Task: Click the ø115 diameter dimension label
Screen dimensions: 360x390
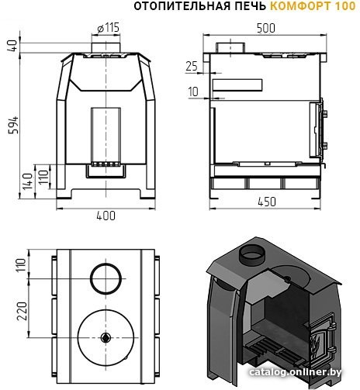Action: tap(109, 28)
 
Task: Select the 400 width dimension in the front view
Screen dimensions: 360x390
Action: tap(106, 216)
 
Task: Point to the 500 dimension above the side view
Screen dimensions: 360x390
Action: tap(266, 28)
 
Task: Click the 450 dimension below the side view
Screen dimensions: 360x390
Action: tap(267, 202)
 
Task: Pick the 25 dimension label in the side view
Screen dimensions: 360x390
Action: tap(192, 66)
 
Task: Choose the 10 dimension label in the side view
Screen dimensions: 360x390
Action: tap(193, 91)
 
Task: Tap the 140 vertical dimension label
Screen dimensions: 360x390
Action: tap(28, 181)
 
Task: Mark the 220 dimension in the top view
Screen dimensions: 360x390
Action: tap(22, 311)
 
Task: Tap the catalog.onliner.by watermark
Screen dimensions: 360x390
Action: tap(295, 372)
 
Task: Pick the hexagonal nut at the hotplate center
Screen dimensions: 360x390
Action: tap(106, 337)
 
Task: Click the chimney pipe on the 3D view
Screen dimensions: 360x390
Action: tap(252, 254)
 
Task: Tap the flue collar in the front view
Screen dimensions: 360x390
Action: tap(106, 47)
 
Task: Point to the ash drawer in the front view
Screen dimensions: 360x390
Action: tap(106, 171)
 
